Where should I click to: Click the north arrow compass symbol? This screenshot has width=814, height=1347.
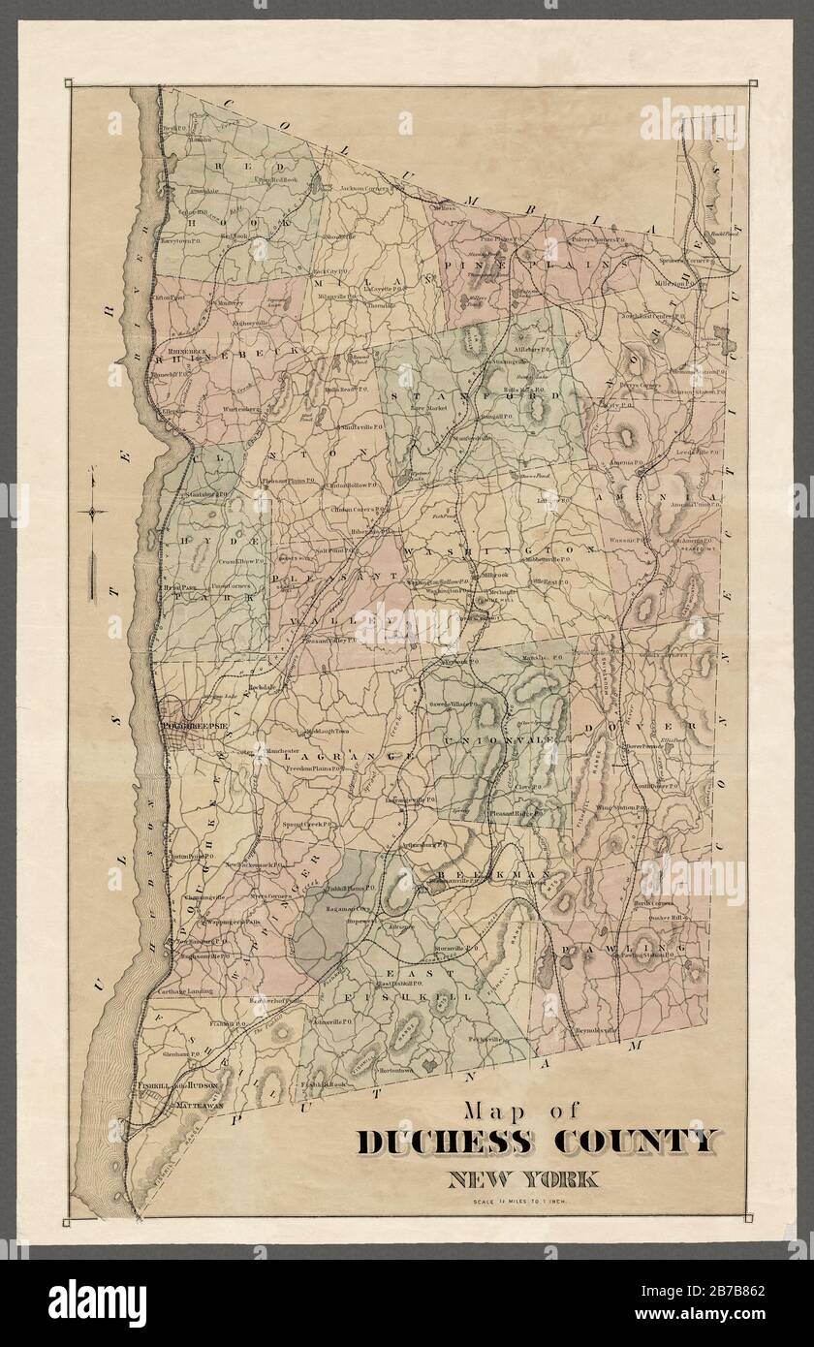(x=91, y=514)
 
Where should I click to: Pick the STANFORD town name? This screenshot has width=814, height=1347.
(x=475, y=396)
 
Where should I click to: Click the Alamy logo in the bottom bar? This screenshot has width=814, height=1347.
(x=97, y=1303)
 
